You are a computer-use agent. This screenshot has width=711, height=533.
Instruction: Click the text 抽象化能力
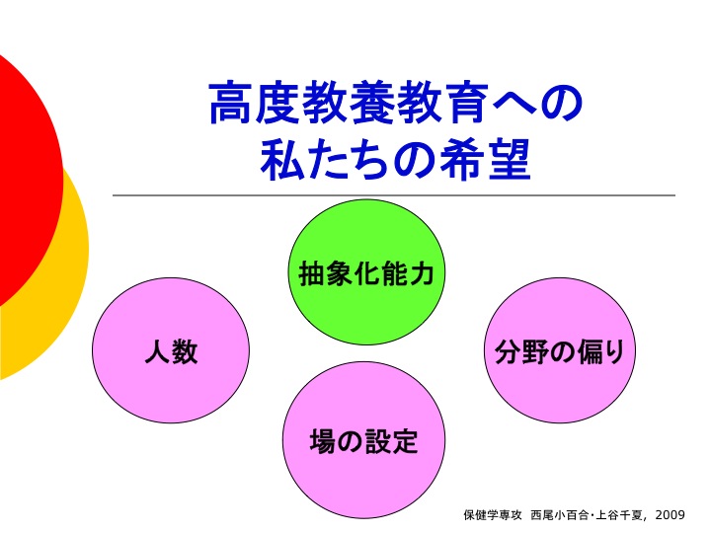(x=366, y=273)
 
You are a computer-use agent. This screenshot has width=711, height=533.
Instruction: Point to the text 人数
(x=171, y=352)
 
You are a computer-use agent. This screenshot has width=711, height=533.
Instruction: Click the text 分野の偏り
(x=559, y=352)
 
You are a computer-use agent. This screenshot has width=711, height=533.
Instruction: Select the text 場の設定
(x=363, y=440)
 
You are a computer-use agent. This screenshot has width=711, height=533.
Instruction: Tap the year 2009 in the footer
(x=670, y=514)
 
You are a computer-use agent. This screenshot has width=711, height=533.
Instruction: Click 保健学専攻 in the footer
(x=492, y=514)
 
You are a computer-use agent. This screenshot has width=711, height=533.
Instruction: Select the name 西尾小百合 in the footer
(x=560, y=514)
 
